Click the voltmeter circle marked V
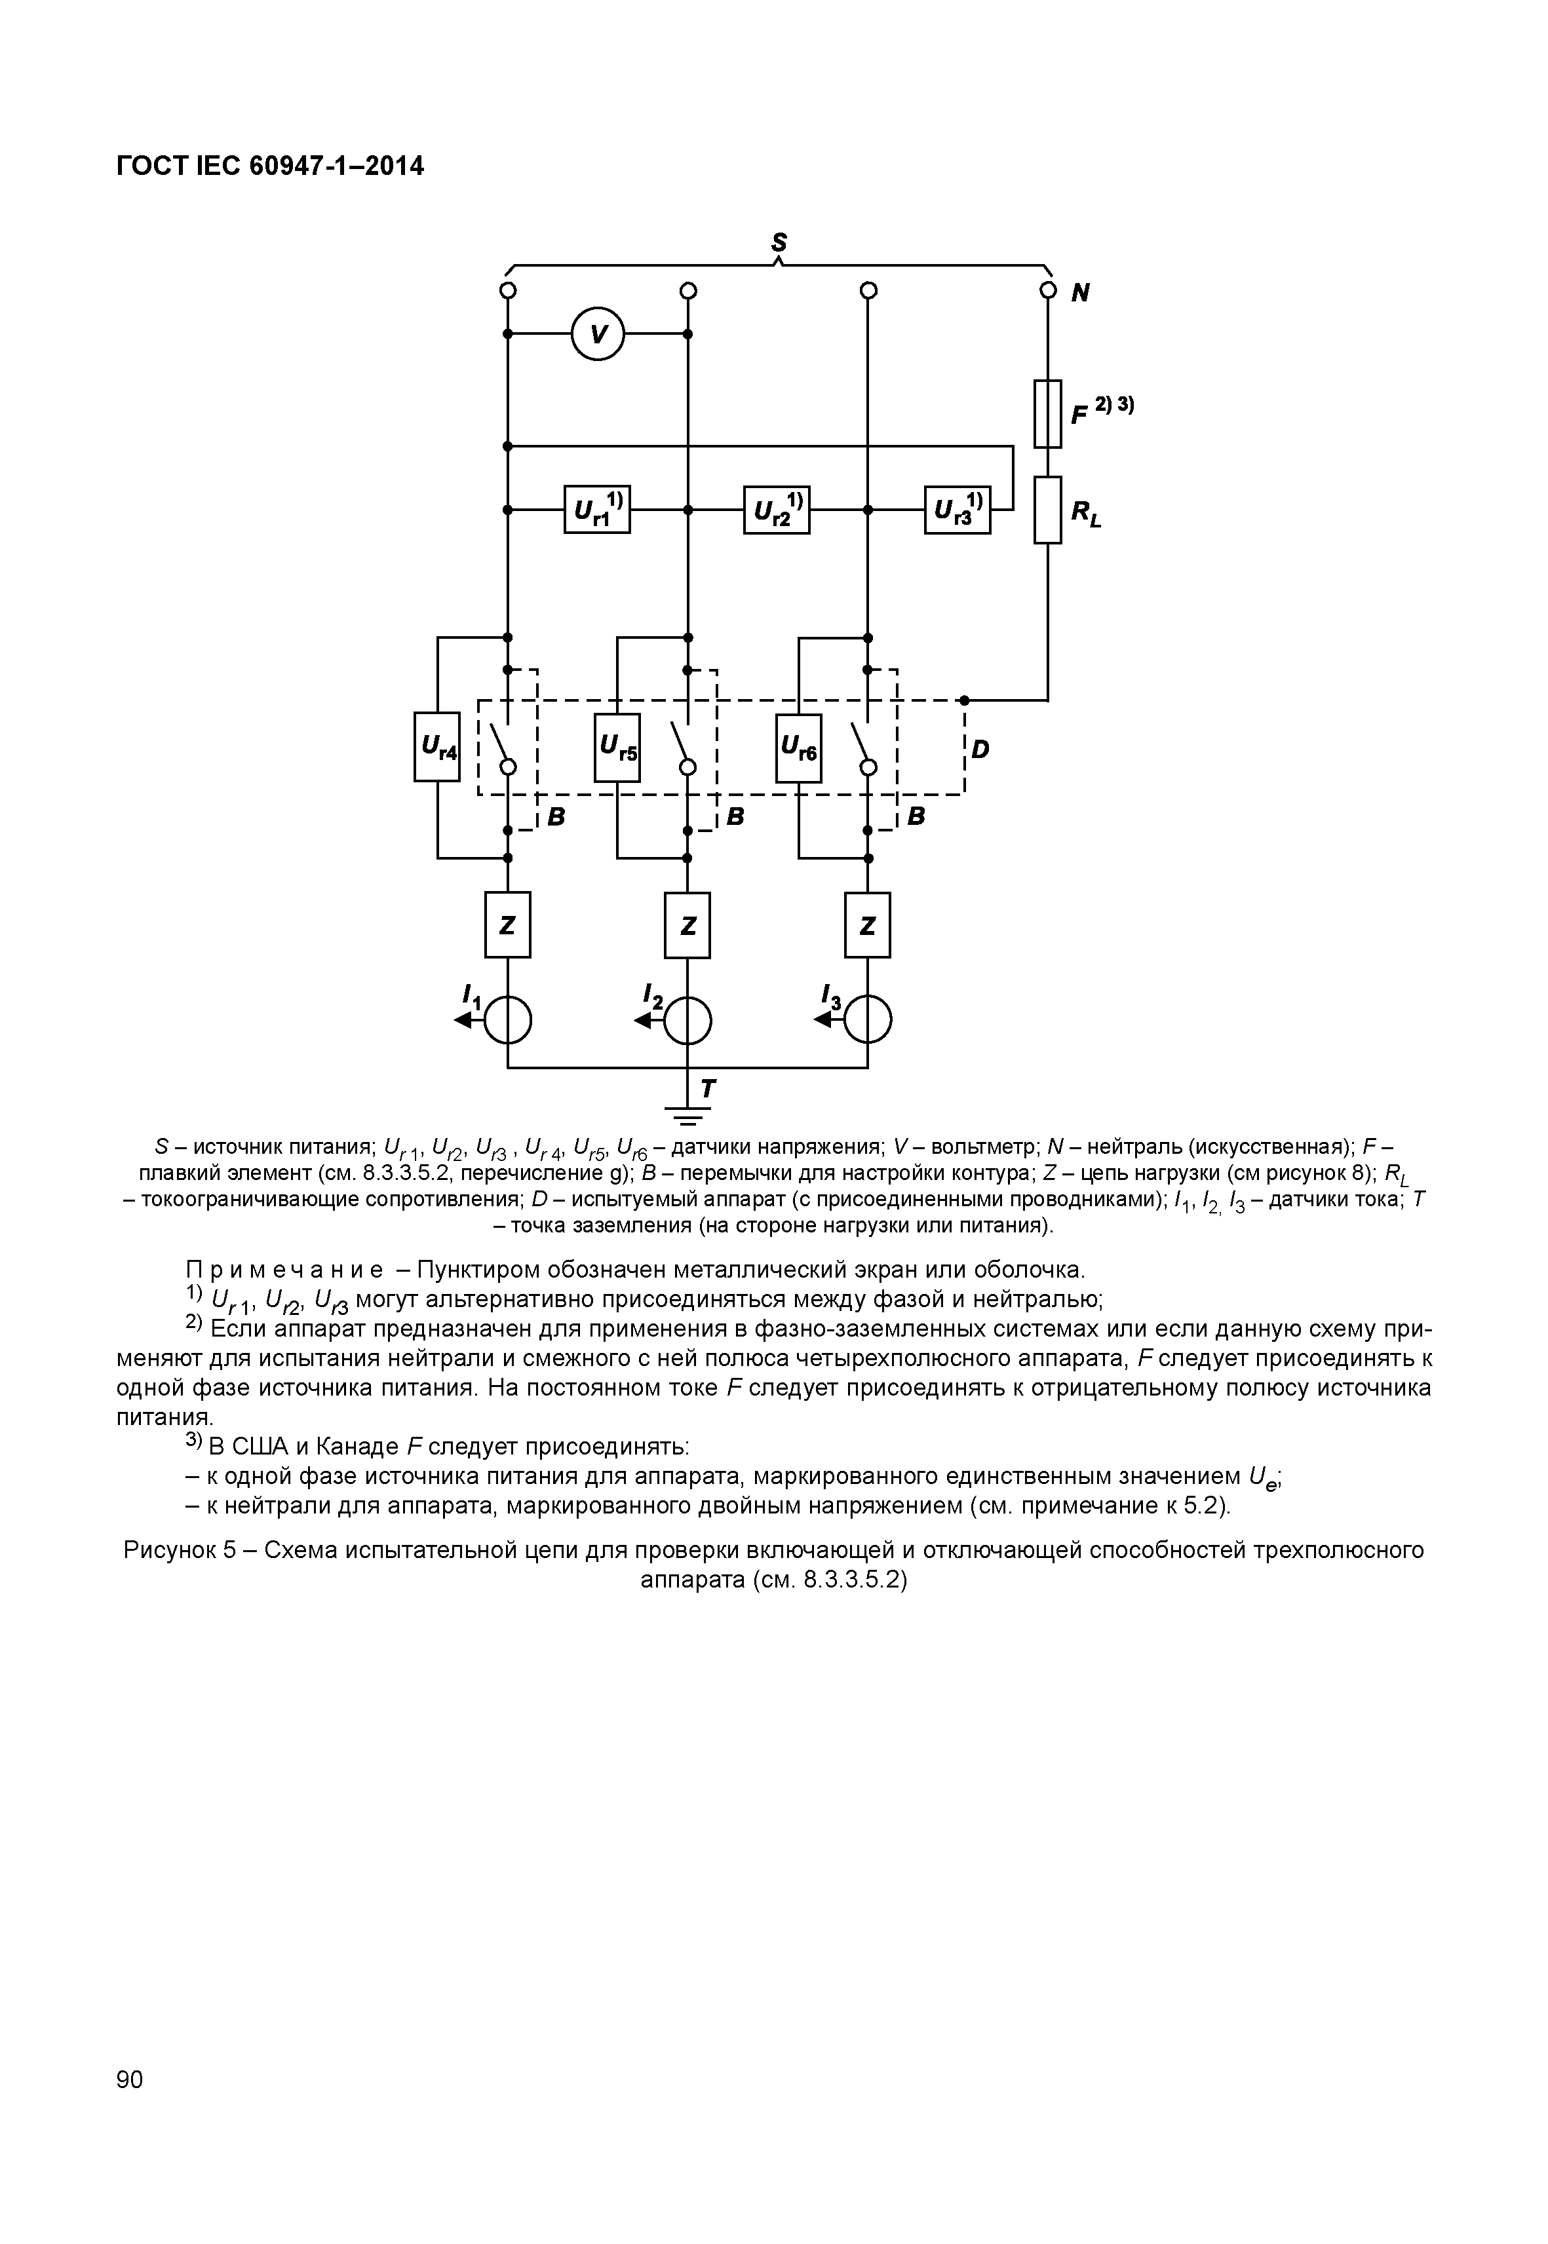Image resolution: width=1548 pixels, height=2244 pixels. pyautogui.click(x=598, y=333)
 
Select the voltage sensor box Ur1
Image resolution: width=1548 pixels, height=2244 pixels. pyautogui.click(x=596, y=509)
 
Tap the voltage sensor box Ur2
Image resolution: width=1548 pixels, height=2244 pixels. pyautogui.click(x=776, y=509)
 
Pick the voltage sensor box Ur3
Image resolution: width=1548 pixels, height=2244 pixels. pyautogui.click(x=958, y=509)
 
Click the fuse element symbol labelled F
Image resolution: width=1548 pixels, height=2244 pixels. pyautogui.click(x=1047, y=413)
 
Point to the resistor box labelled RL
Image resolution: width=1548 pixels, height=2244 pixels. pyautogui.click(x=1047, y=510)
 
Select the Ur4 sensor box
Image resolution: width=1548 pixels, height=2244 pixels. pyautogui.click(x=436, y=747)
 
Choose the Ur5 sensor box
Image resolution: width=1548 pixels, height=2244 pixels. pyautogui.click(x=617, y=747)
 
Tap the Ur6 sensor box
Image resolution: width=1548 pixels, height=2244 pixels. pyautogui.click(x=798, y=747)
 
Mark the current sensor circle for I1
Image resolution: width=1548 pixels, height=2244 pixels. pyautogui.click(x=507, y=1019)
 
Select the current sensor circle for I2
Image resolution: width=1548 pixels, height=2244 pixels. pyautogui.click(x=687, y=1019)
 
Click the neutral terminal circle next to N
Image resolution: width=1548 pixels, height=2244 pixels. pyautogui.click(x=1047, y=290)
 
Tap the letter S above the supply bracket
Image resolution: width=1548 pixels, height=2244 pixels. pyautogui.click(x=778, y=242)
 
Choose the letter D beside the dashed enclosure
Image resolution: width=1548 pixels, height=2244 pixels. pyautogui.click(x=980, y=750)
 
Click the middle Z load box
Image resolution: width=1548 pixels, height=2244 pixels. pyautogui.click(x=687, y=925)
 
